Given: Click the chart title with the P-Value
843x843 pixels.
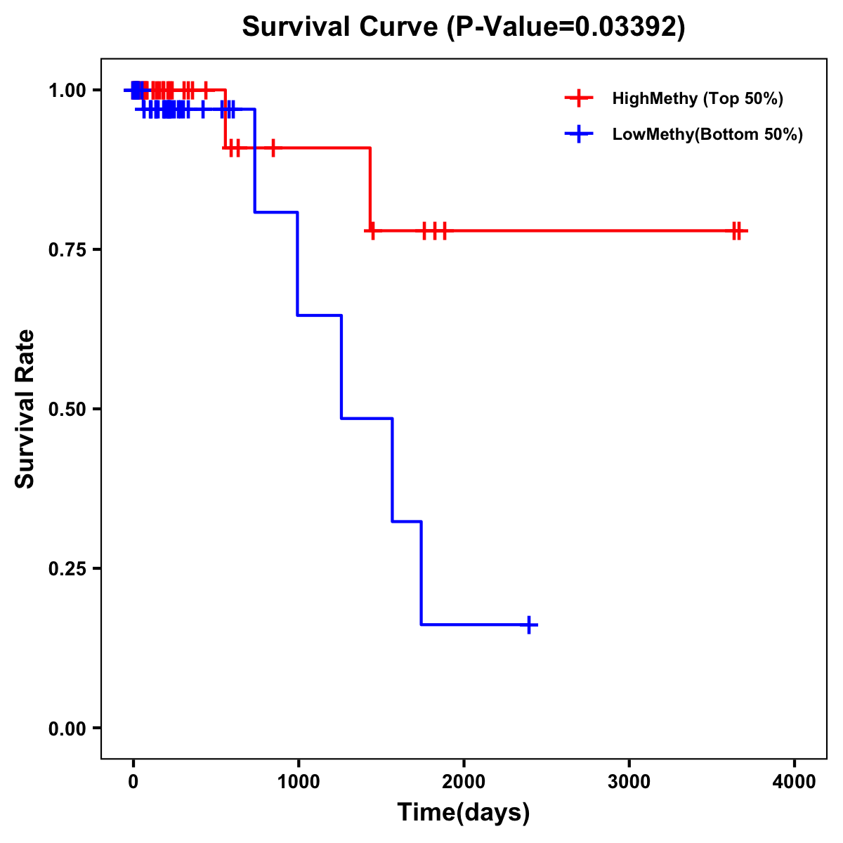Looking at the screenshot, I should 464,27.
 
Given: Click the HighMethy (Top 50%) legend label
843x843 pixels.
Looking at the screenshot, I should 698,98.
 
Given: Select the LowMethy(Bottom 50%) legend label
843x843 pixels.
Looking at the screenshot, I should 707,134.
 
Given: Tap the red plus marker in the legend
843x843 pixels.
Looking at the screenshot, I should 579,98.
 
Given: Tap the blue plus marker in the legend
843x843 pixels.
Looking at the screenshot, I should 579,134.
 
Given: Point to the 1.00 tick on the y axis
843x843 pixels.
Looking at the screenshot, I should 67,90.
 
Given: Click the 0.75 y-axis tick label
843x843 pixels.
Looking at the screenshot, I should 67,249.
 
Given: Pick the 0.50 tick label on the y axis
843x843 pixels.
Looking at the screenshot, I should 67,409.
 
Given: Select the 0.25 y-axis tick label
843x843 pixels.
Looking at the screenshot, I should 67,568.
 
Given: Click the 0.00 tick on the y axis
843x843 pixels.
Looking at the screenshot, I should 67,728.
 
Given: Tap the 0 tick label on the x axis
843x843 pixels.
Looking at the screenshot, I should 133,782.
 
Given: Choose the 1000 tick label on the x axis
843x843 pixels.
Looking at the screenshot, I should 298,782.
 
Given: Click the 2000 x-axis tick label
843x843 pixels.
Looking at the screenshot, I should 464,782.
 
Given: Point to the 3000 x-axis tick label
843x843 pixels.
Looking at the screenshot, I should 629,782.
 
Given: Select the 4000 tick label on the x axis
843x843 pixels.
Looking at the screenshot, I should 795,782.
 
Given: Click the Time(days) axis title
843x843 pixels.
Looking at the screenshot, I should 464,813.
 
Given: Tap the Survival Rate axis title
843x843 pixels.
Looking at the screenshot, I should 25,409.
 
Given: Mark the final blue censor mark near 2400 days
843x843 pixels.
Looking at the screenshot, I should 528,625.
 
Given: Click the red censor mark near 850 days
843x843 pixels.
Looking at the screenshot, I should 273,148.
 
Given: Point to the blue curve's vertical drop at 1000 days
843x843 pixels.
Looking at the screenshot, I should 298,263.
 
